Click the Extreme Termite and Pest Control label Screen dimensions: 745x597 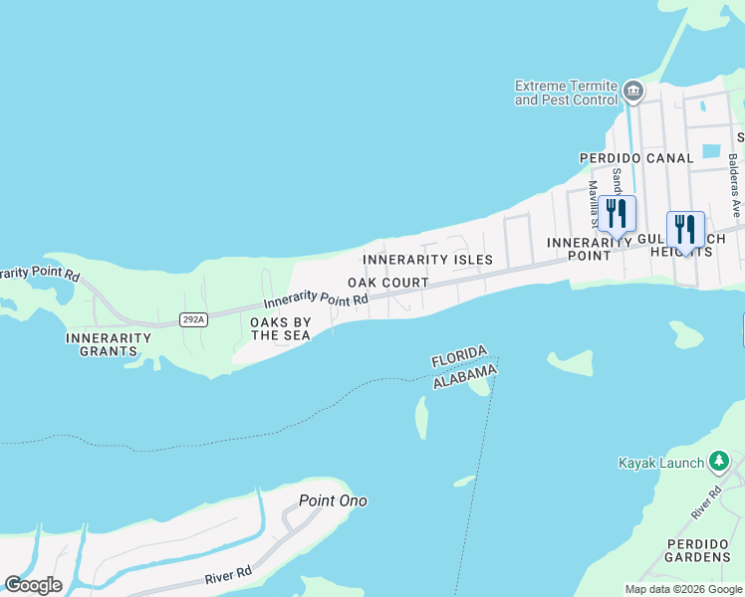point(565,93)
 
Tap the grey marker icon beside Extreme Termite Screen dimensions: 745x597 point(632,94)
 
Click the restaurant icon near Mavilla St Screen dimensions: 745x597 point(618,213)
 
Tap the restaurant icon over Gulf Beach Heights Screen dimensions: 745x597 point(685,229)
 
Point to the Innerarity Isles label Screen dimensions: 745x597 point(427,260)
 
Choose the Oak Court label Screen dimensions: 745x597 point(387,283)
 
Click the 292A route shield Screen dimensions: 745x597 point(193,319)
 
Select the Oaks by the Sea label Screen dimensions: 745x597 point(280,329)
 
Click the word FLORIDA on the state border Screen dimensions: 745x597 point(459,355)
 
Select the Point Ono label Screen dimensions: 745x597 point(333,500)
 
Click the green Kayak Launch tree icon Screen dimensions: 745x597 point(718,463)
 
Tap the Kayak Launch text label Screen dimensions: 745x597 point(660,463)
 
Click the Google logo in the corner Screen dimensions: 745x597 point(33,585)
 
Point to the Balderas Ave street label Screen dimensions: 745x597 point(734,185)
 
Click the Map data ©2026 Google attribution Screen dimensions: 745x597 point(683,589)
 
